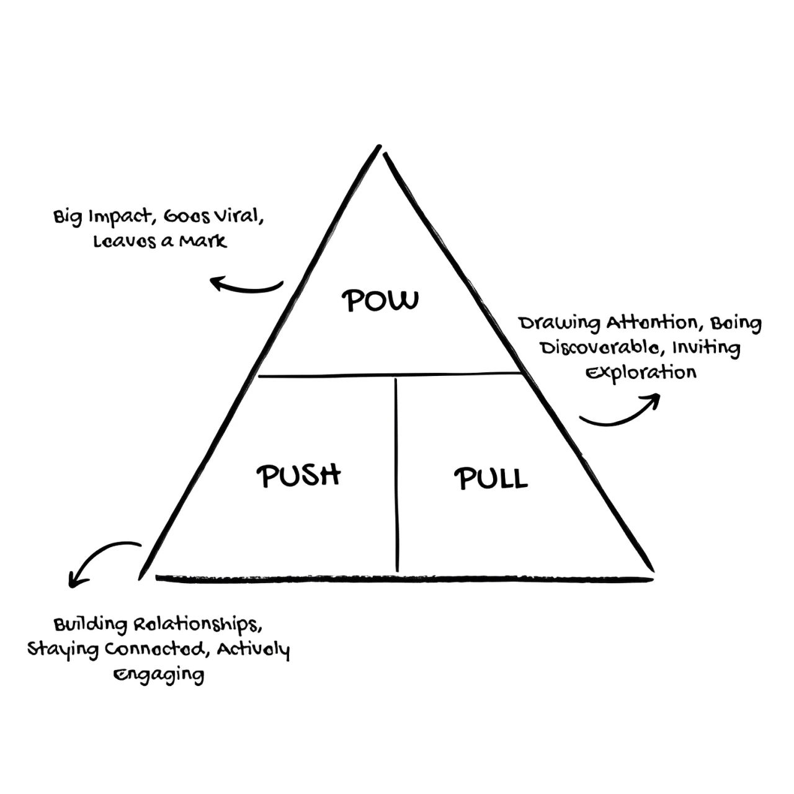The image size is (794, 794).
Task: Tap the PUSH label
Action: pos(299,476)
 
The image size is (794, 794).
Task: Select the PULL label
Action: pos(491,478)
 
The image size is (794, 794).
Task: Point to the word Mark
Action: pos(203,241)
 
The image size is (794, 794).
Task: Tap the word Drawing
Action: pos(559,324)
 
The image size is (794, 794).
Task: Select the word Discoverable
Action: pos(602,347)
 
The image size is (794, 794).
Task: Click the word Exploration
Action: pos(641,373)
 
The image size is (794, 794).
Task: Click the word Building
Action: pos(91,625)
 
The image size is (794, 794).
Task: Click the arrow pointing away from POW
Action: pos(245,286)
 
